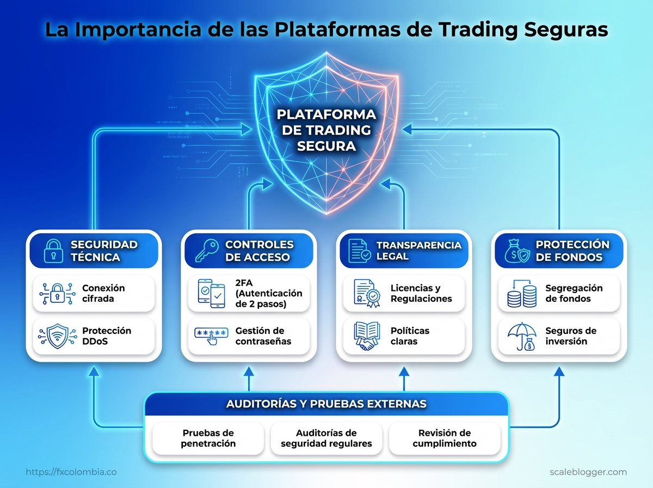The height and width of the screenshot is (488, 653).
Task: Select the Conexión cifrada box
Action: pyautogui.click(x=94, y=294)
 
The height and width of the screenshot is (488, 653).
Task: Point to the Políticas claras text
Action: pyautogui.click(x=410, y=336)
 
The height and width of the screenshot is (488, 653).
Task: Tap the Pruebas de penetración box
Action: pyautogui.click(x=208, y=438)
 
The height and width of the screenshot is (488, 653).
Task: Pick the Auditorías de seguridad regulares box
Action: pyautogui.click(x=326, y=438)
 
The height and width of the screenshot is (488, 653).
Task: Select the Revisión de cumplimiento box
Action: pyautogui.click(x=444, y=438)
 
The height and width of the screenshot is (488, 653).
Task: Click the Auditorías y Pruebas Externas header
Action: pyautogui.click(x=326, y=404)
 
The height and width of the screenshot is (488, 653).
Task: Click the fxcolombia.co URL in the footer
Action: pyautogui.click(x=71, y=472)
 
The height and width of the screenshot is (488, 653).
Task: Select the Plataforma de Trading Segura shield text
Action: pyautogui.click(x=326, y=130)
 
